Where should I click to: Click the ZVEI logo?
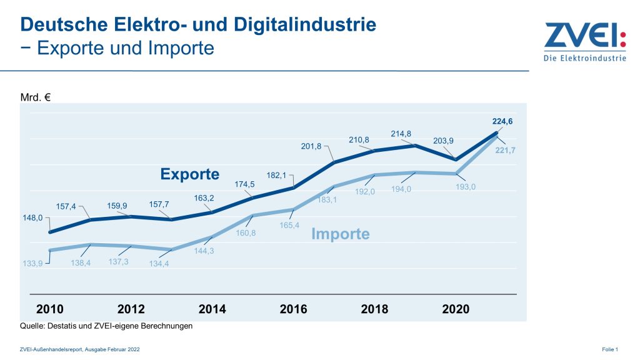(x=584, y=42)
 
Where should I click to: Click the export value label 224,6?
(x=502, y=122)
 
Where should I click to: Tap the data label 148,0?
(x=33, y=218)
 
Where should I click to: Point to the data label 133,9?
(x=33, y=264)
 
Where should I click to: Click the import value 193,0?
(x=464, y=187)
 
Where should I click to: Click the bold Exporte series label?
(x=190, y=174)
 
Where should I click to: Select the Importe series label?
(x=341, y=234)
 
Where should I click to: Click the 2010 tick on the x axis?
(x=50, y=309)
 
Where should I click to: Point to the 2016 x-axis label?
(x=293, y=309)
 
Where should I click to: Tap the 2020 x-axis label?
(x=456, y=309)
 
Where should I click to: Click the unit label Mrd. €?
(x=36, y=96)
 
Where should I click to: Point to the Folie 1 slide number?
(x=609, y=349)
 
